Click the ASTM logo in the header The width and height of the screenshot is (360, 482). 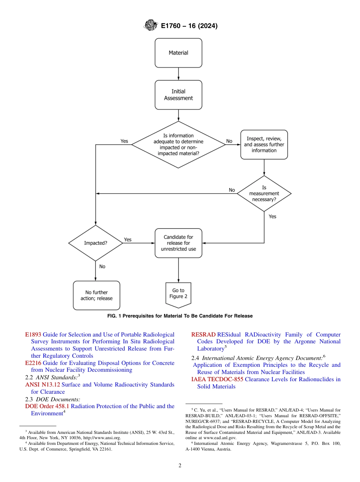tap(150, 26)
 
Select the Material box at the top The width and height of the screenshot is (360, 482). tap(178, 53)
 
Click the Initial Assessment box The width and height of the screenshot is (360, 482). tap(178, 95)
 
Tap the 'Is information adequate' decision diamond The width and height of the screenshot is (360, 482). tap(178, 144)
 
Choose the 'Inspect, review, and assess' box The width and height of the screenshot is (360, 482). tap(264, 144)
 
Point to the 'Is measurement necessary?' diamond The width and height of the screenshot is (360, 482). tap(264, 193)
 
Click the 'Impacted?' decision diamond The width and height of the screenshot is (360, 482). tap(95, 243)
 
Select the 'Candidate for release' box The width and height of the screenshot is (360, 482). tap(178, 243)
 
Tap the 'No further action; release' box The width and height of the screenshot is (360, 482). tap(96, 295)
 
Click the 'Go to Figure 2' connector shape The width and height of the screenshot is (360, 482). tap(178, 293)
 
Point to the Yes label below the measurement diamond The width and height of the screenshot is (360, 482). tap(272, 216)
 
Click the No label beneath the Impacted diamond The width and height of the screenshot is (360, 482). tap(102, 266)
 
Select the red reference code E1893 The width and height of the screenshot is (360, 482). tap(33, 335)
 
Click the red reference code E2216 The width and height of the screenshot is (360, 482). tap(33, 363)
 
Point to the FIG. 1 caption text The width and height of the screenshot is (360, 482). tap(180, 316)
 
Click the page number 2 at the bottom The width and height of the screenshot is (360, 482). tap(180, 466)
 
